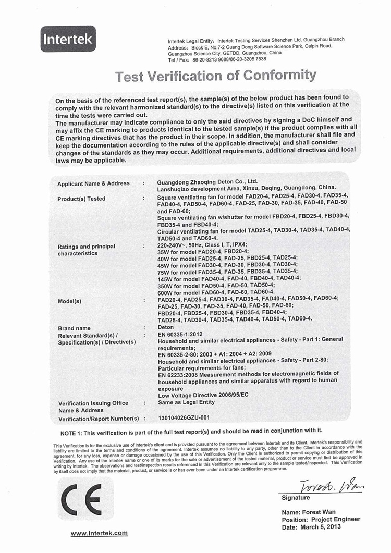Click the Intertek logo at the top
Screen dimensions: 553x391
pyautogui.click(x=68, y=39)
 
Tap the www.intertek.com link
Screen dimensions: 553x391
pyautogui.click(x=99, y=533)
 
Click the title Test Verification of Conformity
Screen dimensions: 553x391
pyautogui.click(x=216, y=76)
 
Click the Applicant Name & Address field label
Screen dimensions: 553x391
pyautogui.click(x=93, y=183)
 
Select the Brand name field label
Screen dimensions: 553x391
pyautogui.click(x=74, y=328)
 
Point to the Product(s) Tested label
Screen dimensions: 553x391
pyautogui.click(x=81, y=199)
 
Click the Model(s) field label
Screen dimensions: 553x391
pyautogui.click(x=69, y=301)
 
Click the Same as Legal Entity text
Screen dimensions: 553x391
pyautogui.click(x=186, y=402)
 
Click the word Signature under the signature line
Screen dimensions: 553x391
pyautogui.click(x=296, y=498)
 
